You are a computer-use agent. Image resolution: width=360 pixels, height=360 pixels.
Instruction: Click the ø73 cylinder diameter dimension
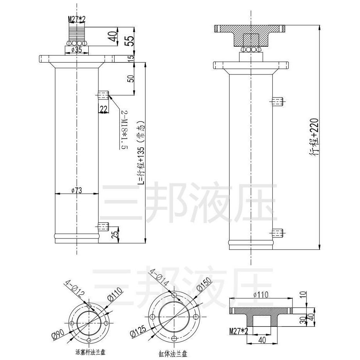coord(77,190)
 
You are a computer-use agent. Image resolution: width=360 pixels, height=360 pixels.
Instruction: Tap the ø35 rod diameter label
coord(77,50)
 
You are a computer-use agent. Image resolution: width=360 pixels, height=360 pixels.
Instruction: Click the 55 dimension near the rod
coord(130,41)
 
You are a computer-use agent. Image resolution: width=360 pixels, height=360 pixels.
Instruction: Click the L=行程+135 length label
coord(141,153)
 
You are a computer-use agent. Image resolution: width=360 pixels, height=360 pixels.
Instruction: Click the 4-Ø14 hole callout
coord(160,278)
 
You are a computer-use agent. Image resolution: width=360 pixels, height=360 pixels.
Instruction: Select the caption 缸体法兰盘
coord(173,353)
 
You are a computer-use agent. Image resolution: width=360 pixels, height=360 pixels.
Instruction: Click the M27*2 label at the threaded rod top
coord(77,19)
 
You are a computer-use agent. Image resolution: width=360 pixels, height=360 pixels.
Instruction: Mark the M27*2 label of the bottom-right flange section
coord(239,331)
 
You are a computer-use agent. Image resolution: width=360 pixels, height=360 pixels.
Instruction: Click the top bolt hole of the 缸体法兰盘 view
coord(174,295)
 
